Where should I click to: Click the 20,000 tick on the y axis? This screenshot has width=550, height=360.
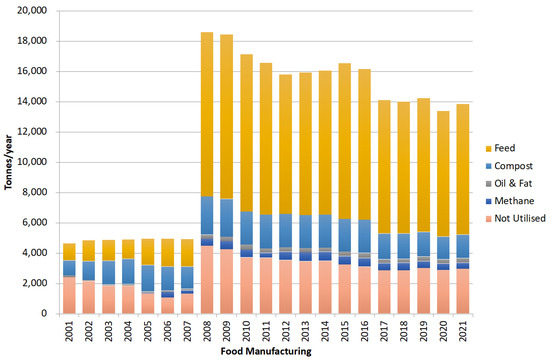click(x=30, y=11)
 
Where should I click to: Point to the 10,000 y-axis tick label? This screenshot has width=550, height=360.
click(x=30, y=162)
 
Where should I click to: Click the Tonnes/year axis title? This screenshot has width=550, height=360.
click(x=9, y=162)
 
